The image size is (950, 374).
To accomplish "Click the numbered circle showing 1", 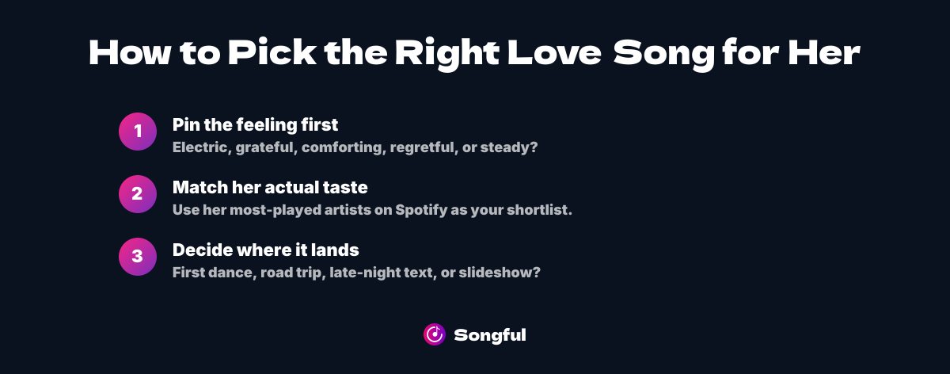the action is (x=138, y=132).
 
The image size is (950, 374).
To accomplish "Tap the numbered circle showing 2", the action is (x=138, y=194).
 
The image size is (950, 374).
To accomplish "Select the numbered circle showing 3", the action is (x=138, y=257).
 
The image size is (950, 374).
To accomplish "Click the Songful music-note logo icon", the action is (x=435, y=334).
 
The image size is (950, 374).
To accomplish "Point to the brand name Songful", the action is (x=490, y=335).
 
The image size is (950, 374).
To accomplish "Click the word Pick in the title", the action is (x=272, y=52).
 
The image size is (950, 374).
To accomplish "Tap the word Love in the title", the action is (x=554, y=52).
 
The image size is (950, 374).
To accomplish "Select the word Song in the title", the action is (x=664, y=55).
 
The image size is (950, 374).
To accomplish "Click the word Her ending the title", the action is (x=824, y=52).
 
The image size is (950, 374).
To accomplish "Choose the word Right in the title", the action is (x=447, y=55).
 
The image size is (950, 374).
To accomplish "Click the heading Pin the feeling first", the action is (x=255, y=125).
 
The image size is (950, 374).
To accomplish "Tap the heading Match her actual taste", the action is (x=270, y=187).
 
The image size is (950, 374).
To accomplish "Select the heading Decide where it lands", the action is (x=266, y=250).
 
